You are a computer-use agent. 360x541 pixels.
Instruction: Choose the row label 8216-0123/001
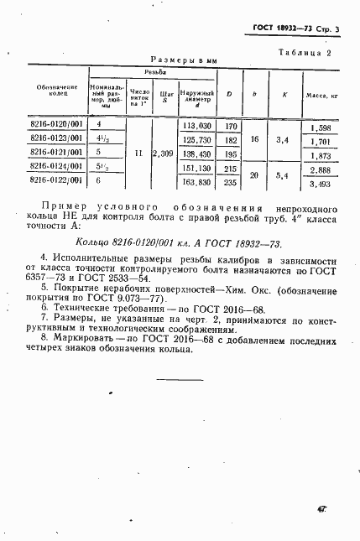click(55, 139)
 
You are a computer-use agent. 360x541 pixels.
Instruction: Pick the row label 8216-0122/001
click(55, 179)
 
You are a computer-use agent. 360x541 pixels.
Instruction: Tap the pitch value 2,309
click(163, 153)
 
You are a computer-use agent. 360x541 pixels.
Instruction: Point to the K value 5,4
click(283, 175)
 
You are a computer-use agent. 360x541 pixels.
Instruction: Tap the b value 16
click(253, 140)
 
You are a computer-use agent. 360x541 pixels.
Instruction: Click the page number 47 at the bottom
click(322, 508)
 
